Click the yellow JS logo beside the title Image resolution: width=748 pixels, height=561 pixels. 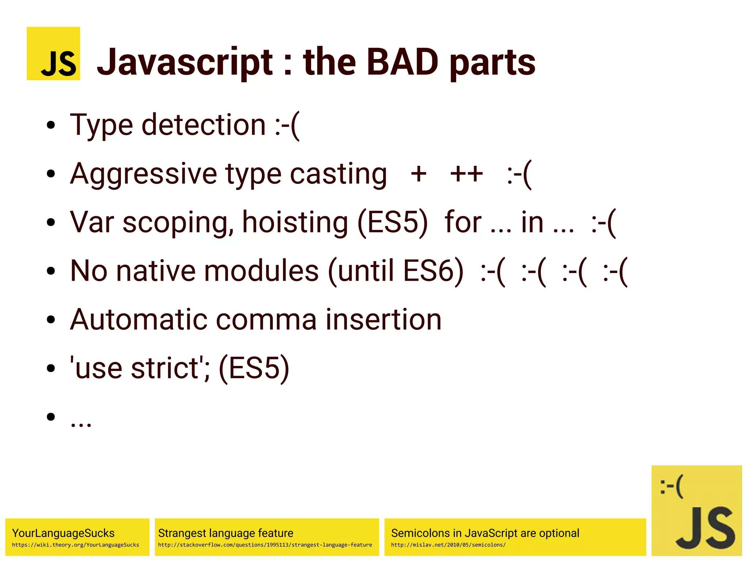click(53, 53)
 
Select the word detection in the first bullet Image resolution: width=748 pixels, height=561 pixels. click(204, 125)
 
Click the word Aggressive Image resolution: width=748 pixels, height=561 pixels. click(144, 174)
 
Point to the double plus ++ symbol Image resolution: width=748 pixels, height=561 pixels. click(466, 174)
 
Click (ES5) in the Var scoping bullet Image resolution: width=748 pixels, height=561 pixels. click(393, 222)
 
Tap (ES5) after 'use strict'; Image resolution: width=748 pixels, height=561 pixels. click(254, 368)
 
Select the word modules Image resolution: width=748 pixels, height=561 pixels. click(261, 271)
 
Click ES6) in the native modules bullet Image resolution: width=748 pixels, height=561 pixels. click(433, 271)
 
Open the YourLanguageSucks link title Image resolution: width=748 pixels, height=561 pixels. click(63, 533)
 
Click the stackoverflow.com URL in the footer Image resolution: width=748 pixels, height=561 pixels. click(265, 545)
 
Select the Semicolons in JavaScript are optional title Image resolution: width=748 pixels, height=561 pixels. click(485, 533)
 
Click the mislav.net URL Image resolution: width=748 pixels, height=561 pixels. click(448, 545)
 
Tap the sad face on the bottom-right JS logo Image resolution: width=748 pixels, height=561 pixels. click(671, 486)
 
